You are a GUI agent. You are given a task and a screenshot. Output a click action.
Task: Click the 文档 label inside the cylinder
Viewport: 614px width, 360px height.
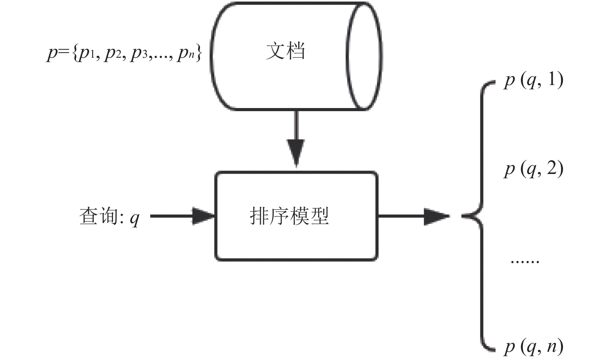tap(285, 51)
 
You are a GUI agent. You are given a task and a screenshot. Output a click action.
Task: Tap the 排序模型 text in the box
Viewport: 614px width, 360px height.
tap(289, 216)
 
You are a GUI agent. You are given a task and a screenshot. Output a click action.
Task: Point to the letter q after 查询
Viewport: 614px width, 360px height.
tap(134, 219)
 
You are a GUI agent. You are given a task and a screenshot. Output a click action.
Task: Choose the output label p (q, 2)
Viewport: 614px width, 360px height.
tap(533, 169)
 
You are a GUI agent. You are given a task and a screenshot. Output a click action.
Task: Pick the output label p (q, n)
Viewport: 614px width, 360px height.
tap(533, 347)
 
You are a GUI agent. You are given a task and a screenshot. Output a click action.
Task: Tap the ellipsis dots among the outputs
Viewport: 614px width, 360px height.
tap(525, 262)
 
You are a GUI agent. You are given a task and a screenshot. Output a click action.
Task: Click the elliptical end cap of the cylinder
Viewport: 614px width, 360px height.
tap(364, 56)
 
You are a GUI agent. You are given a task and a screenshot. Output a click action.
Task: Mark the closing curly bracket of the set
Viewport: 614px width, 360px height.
tap(199, 54)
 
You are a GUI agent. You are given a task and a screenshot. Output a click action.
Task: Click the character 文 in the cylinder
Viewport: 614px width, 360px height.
tap(276, 51)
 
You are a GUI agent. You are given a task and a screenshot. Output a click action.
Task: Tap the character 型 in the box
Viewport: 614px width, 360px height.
tap(319, 216)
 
